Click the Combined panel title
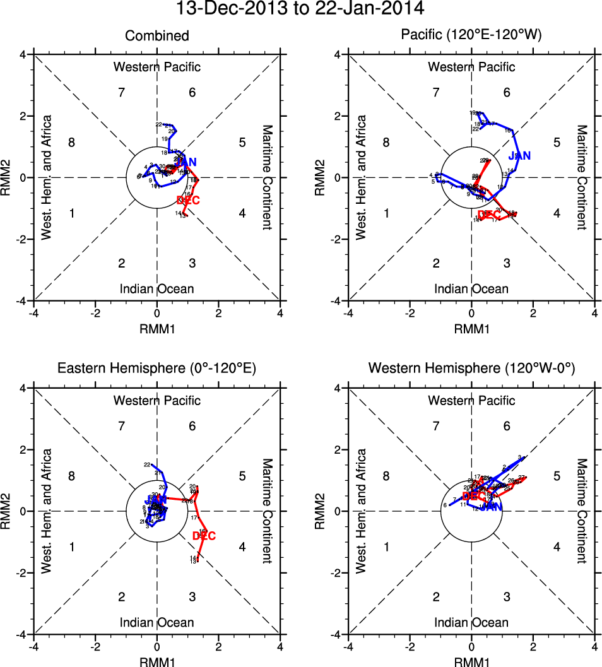pos(156,36)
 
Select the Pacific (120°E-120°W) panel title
pos(471,36)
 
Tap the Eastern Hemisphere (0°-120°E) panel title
pos(156,369)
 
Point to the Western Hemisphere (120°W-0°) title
pos(471,369)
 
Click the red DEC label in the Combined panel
pos(188,201)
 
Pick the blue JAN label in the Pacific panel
pos(519,155)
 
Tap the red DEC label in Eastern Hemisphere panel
pos(204,536)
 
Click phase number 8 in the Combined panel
pos(72,143)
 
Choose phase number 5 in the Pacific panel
pos(557,143)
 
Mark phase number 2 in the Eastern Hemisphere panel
pos(122,597)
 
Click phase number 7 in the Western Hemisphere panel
pos(436,427)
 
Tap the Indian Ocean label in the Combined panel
pos(156,289)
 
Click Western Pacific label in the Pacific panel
pos(471,67)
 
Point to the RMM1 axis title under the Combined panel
pos(156,329)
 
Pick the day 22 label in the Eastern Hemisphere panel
pos(147,465)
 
